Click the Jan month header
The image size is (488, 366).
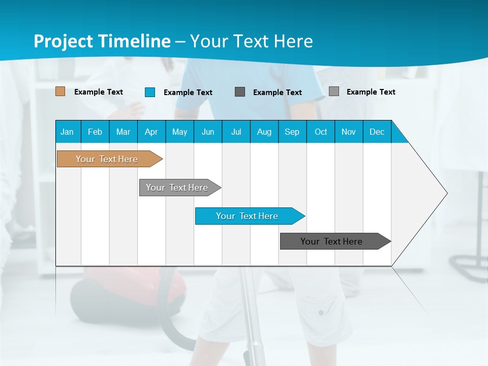(x=67, y=132)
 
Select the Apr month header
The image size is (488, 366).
(x=151, y=132)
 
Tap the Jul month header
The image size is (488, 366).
(x=236, y=132)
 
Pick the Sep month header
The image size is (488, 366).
(x=292, y=132)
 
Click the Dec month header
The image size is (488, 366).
(x=377, y=132)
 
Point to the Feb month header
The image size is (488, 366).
(x=95, y=132)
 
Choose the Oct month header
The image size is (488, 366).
(x=321, y=132)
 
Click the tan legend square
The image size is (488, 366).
(x=60, y=91)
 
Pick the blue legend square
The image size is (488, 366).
(x=150, y=92)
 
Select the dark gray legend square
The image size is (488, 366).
(x=240, y=92)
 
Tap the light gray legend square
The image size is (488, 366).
(x=334, y=91)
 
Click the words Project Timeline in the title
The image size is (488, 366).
(x=102, y=41)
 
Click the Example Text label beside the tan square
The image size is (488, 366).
(x=99, y=92)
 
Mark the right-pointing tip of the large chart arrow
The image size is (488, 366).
(x=446, y=193)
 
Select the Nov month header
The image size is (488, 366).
(x=349, y=132)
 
